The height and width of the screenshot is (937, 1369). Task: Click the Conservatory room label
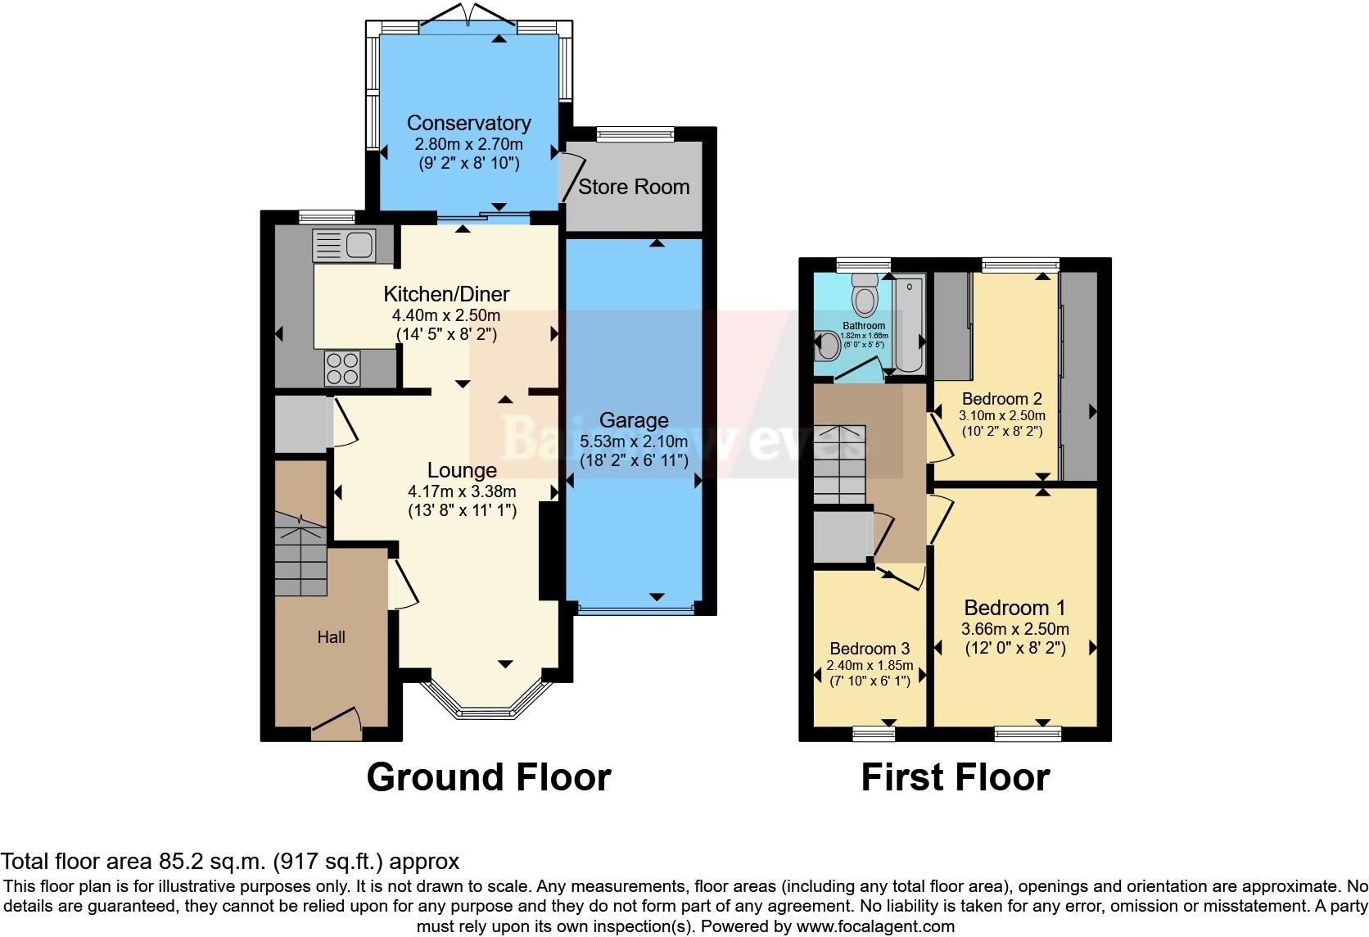[x=468, y=123]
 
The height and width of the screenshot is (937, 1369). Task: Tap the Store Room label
[x=634, y=187]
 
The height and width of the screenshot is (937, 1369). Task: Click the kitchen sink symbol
[x=344, y=245]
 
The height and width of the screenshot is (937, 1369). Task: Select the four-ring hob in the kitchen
[x=342, y=368]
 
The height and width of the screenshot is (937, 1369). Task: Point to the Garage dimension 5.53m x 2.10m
[x=634, y=441]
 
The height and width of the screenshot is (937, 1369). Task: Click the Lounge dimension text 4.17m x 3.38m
[x=462, y=491]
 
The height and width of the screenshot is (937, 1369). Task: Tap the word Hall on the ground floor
[x=332, y=637]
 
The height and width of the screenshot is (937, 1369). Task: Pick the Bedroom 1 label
[x=1014, y=608]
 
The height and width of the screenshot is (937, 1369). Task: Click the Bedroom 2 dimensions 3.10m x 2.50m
[x=1001, y=415]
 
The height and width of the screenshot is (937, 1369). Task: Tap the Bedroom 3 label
[x=869, y=649]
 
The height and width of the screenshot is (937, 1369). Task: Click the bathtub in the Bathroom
[x=908, y=325]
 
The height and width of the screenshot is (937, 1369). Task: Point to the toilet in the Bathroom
[x=865, y=296]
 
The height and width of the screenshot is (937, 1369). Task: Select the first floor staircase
[x=839, y=465]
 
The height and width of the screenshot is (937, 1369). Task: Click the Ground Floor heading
[x=488, y=777]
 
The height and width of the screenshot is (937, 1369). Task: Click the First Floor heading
[x=955, y=777]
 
